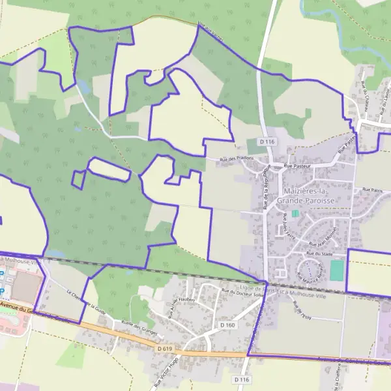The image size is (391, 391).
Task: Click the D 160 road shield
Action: pyautogui.click(x=227, y=325)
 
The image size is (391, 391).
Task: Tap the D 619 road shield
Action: pyautogui.click(x=164, y=349)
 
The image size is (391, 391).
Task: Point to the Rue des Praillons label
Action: pyautogui.click(x=236, y=160)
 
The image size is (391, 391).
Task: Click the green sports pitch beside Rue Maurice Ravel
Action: pyautogui.click(x=336, y=270)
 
